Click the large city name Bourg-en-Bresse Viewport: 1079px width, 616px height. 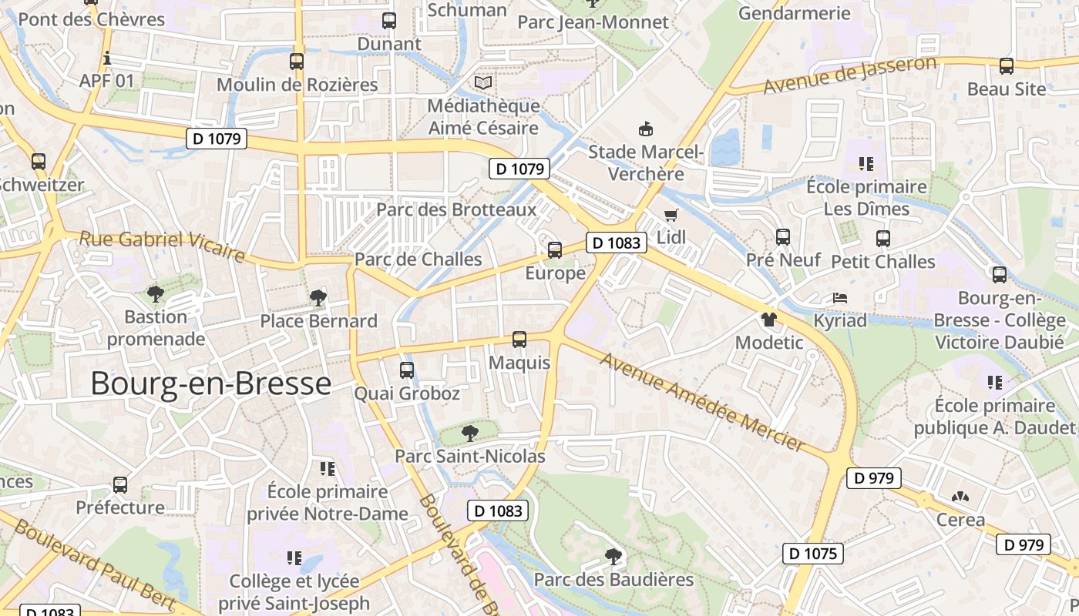(210, 383)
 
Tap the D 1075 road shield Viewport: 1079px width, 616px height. (812, 553)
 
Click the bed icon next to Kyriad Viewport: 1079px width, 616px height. (839, 298)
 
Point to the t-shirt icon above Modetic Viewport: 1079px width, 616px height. (768, 319)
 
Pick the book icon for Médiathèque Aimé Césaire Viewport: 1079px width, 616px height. (483, 82)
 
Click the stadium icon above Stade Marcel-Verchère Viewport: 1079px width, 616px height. (646, 129)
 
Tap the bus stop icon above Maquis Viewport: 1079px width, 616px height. (519, 339)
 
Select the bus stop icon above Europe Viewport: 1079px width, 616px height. (555, 250)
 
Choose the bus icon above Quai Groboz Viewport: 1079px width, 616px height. (407, 370)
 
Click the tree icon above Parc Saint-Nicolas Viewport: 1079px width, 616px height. (469, 433)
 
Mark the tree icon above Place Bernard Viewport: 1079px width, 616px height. (318, 298)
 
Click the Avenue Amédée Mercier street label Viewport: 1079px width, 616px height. (702, 401)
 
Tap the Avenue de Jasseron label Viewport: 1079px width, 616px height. (850, 75)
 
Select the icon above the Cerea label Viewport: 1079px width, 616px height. (960, 497)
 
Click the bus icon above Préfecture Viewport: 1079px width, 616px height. (120, 485)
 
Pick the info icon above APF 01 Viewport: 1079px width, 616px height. (107, 58)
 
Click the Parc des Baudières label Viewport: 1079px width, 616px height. (614, 579)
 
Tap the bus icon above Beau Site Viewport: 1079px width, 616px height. (1006, 66)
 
